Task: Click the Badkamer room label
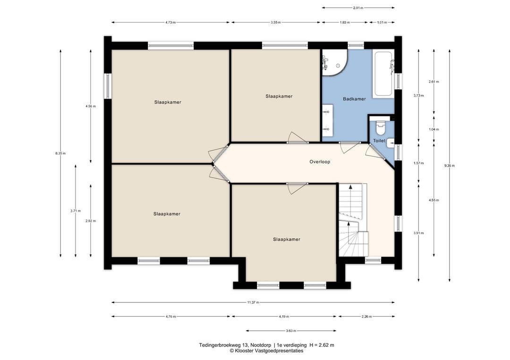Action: click(x=354, y=99)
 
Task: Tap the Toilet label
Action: click(x=379, y=141)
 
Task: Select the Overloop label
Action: click(x=320, y=161)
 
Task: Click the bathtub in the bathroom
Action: click(x=383, y=74)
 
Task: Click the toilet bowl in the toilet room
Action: click(x=380, y=127)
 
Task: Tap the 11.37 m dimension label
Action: click(x=253, y=302)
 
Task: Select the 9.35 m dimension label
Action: click(x=450, y=166)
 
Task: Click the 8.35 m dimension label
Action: click(x=60, y=153)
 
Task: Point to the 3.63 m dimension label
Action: click(x=291, y=331)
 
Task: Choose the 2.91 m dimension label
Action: click(x=358, y=8)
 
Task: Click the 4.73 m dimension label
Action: click(x=170, y=23)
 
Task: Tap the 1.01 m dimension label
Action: click(x=382, y=23)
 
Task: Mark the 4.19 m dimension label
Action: click(x=284, y=317)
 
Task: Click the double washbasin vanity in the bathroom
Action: click(x=328, y=120)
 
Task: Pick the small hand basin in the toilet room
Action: click(x=391, y=143)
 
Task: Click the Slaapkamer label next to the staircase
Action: click(x=287, y=239)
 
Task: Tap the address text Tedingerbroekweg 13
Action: click(x=233, y=345)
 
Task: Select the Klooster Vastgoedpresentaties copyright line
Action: click(x=267, y=351)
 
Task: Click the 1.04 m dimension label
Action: click(x=434, y=129)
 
